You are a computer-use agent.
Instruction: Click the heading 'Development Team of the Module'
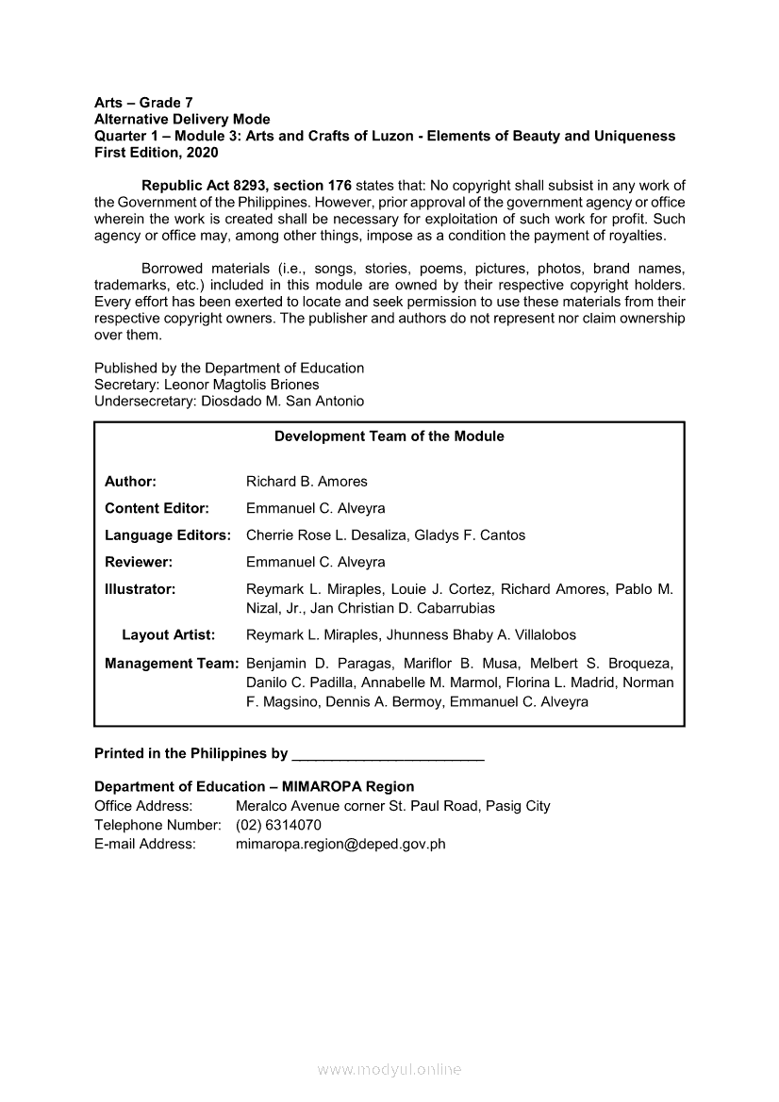[389, 436]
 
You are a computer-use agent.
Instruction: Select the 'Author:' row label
[130, 482]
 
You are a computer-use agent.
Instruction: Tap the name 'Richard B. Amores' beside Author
[307, 482]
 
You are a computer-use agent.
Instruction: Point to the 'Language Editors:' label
[168, 535]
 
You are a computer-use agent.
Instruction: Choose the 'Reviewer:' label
[139, 563]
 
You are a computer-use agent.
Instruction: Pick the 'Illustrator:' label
[141, 589]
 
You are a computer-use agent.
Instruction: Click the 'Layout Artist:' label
[168, 635]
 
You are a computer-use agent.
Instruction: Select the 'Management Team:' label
[172, 664]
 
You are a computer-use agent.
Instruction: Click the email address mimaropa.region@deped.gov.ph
[340, 845]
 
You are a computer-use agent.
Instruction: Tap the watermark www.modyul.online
[389, 1070]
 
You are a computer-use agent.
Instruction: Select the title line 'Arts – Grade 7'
[143, 102]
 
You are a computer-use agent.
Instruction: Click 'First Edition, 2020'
[157, 153]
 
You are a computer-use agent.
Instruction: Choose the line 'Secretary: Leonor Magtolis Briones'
[207, 385]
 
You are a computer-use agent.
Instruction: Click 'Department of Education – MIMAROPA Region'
[254, 786]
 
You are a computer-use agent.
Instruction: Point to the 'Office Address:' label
[143, 806]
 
